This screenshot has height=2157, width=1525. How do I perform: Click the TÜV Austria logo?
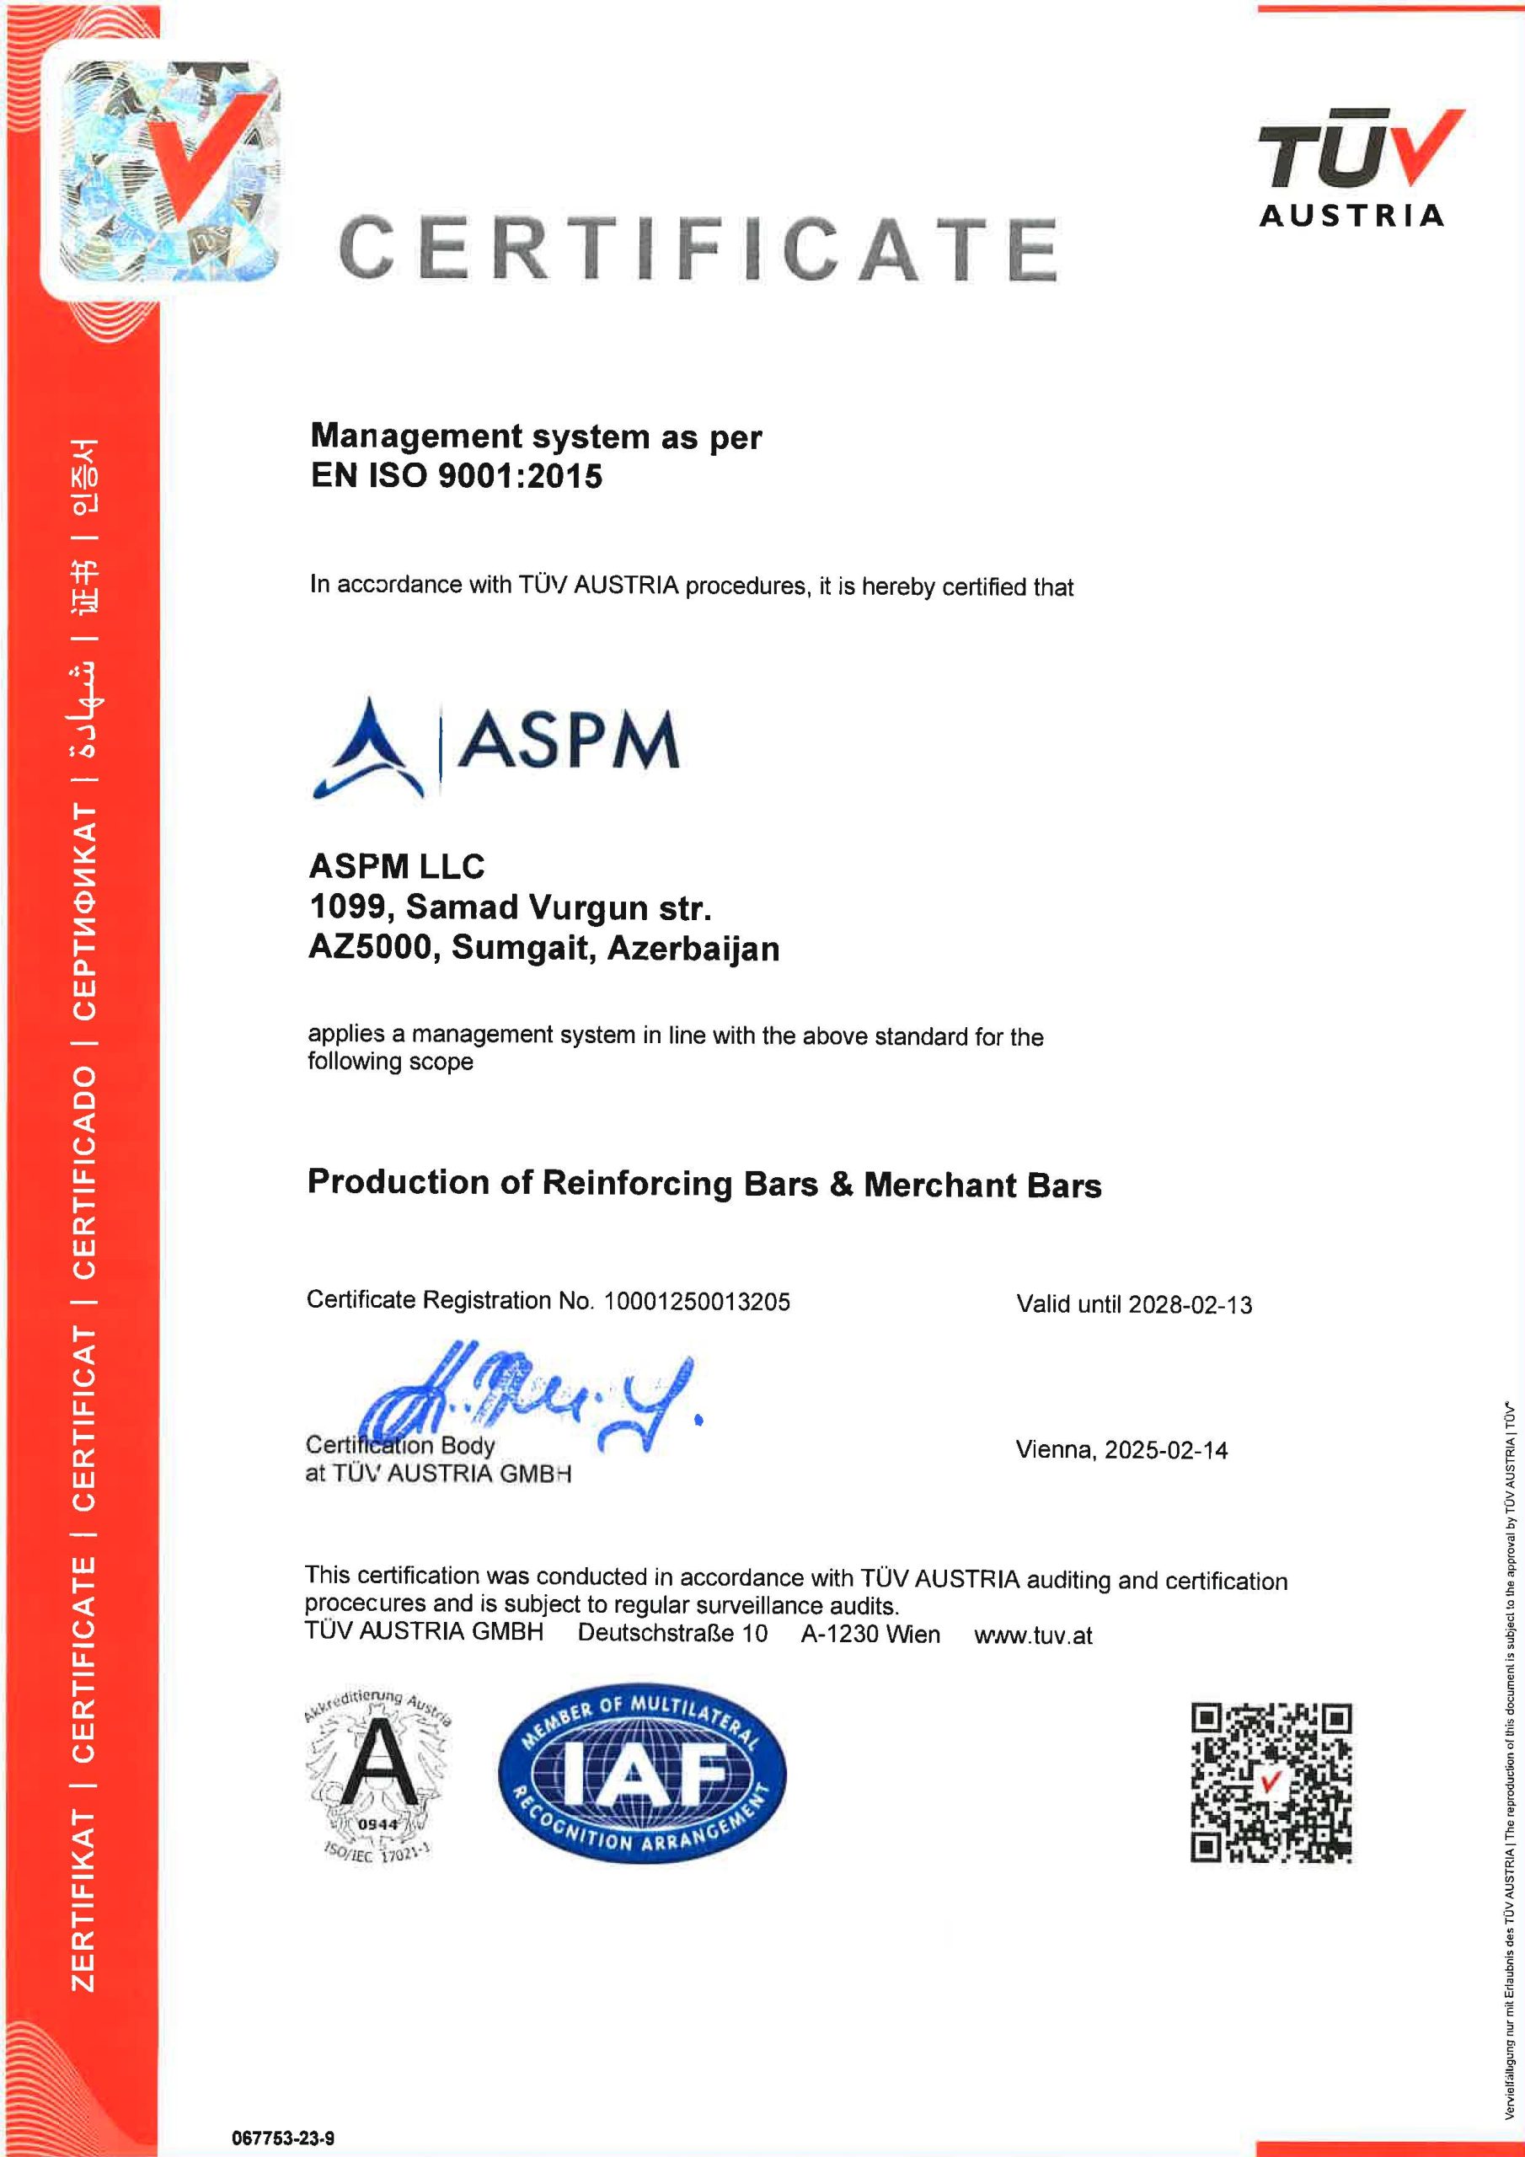pyautogui.click(x=1353, y=169)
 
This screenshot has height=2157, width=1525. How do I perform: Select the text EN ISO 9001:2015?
pyautogui.click(x=457, y=476)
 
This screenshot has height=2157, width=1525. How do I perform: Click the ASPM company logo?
pyautogui.click(x=495, y=747)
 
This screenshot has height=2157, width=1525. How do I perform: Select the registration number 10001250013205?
pyautogui.click(x=697, y=1301)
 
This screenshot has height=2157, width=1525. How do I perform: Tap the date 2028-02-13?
pyautogui.click(x=1190, y=1305)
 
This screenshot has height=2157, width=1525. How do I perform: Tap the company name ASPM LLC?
pyautogui.click(x=397, y=865)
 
